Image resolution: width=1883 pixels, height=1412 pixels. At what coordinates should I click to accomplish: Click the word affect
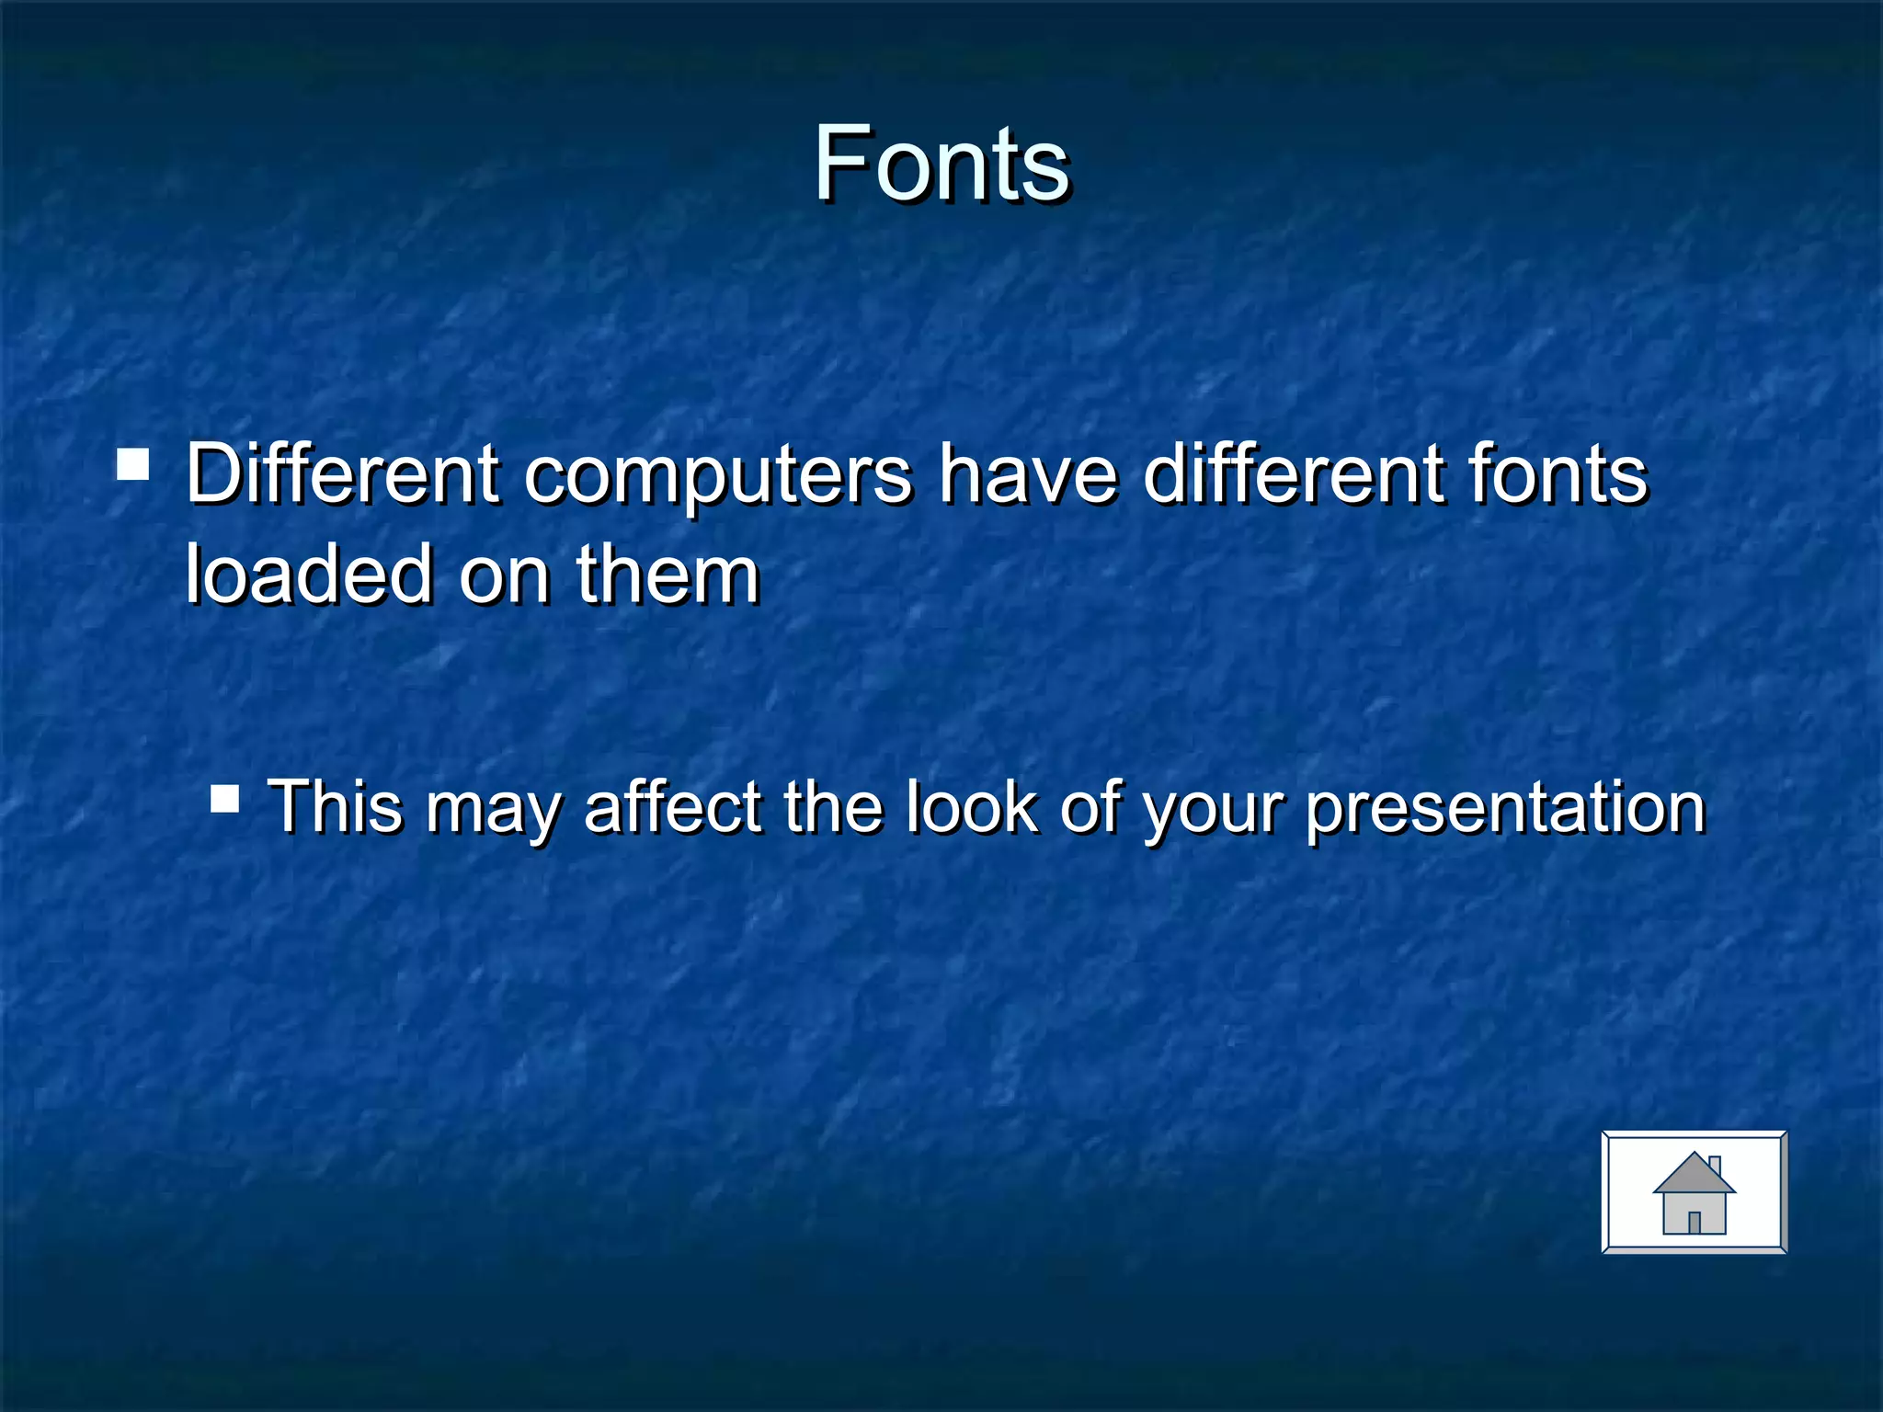click(673, 806)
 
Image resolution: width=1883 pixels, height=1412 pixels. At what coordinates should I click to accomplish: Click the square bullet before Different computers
click(134, 465)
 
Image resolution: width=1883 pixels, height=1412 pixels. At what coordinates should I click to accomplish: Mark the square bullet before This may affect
click(225, 799)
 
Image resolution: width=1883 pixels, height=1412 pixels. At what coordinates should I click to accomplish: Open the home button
click(1694, 1192)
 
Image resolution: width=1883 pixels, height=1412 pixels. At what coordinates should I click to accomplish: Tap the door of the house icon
click(1695, 1222)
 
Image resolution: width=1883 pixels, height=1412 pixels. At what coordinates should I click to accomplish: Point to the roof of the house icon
click(1693, 1175)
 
